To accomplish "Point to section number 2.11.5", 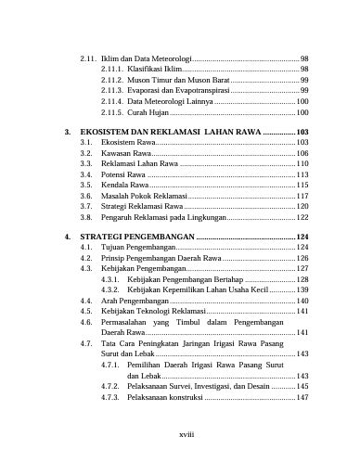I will click(111, 111).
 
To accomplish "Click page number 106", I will click(302, 153).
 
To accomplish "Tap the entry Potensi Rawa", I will click(123, 174).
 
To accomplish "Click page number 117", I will click(302, 196).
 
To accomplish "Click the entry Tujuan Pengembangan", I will click(138, 248).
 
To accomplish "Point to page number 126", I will click(302, 258).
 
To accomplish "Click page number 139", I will click(302, 289).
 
